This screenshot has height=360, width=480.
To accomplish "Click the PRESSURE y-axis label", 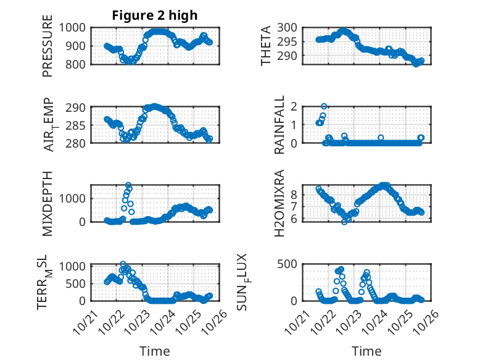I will pyautogui.click(x=48, y=50).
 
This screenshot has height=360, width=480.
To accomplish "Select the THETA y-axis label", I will pyautogui.click(x=266, y=46).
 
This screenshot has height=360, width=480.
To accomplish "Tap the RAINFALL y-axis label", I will pyautogui.click(x=279, y=125).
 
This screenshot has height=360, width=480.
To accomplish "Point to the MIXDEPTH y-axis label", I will pyautogui.click(x=48, y=203).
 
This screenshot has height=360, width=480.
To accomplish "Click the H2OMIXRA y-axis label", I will pyautogui.click(x=279, y=203).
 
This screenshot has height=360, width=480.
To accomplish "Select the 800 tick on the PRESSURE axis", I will pyautogui.click(x=79, y=64).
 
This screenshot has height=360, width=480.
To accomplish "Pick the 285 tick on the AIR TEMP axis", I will pyautogui.click(x=79, y=125).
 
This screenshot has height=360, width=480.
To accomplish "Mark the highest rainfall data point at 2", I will pyautogui.click(x=324, y=106).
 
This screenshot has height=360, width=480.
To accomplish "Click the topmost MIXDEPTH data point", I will pyautogui.click(x=128, y=185).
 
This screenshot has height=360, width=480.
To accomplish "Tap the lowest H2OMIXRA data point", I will pyautogui.click(x=344, y=222).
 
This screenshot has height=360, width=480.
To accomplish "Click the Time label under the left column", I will pyautogui.click(x=154, y=351).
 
